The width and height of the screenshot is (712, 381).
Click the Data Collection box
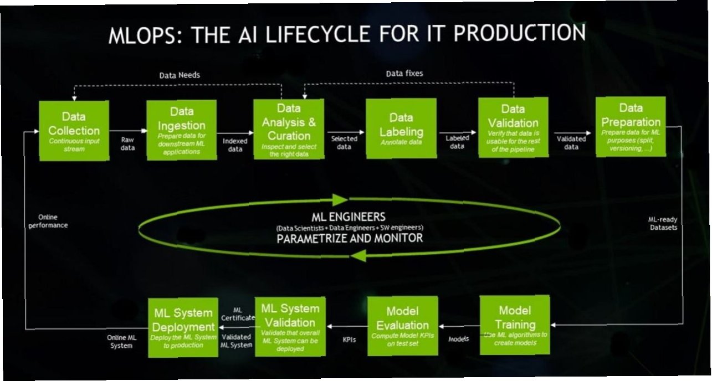click(x=73, y=131)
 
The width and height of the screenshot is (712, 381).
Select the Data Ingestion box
click(x=181, y=130)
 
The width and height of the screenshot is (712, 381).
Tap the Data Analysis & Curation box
click(x=289, y=129)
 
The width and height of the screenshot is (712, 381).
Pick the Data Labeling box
click(x=401, y=128)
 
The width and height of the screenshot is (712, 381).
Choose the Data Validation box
click(x=513, y=128)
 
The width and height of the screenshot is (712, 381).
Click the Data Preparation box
click(x=631, y=127)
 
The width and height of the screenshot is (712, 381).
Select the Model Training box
click(x=515, y=325)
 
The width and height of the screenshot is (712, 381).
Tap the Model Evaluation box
click(x=403, y=326)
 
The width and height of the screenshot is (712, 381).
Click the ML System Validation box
click(x=290, y=327)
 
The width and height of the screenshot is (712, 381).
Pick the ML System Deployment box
click(x=183, y=327)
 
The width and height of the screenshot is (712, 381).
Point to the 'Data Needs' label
click(x=180, y=75)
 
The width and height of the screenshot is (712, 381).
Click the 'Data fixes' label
click(x=404, y=73)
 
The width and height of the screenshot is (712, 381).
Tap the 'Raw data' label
click(x=127, y=144)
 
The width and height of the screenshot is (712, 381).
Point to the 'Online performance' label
click(x=49, y=222)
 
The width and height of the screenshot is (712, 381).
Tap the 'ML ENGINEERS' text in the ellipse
click(x=349, y=217)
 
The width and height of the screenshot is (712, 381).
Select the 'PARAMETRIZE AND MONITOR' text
click(x=350, y=239)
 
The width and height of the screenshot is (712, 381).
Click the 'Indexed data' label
click(x=235, y=145)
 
